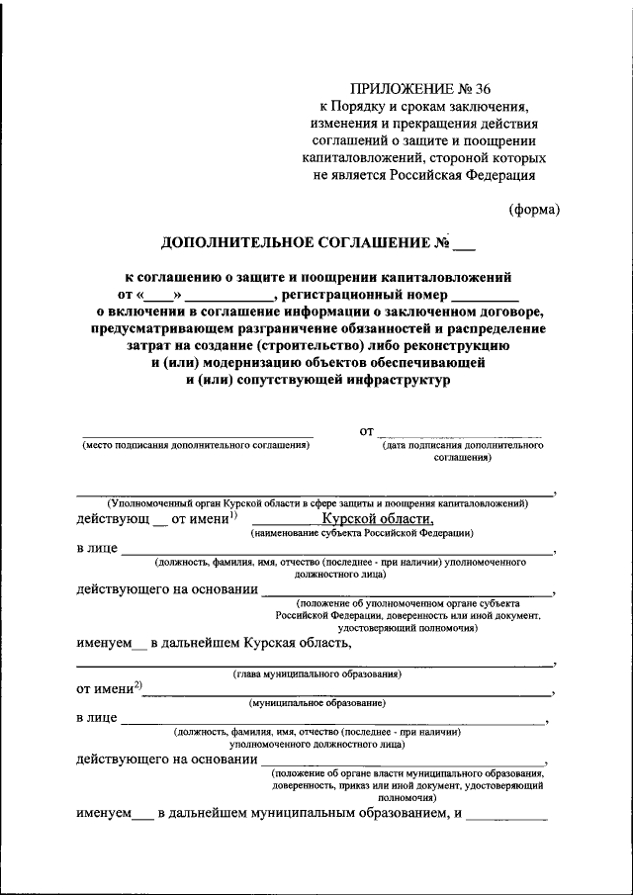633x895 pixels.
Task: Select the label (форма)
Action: point(534,209)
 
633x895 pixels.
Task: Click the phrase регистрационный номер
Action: point(362,294)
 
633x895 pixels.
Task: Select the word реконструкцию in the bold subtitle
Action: point(458,346)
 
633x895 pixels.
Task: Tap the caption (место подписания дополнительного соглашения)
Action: point(196,445)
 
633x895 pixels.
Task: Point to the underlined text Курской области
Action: point(377,518)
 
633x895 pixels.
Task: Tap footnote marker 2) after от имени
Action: point(138,685)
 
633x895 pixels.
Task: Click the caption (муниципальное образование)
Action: point(316,702)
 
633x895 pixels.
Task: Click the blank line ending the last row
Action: point(506,817)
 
